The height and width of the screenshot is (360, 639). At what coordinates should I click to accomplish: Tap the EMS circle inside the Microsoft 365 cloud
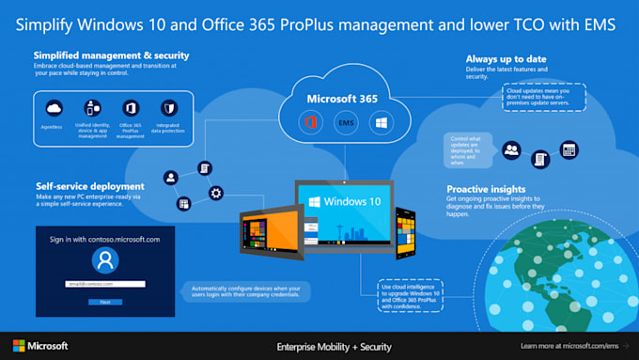(345, 123)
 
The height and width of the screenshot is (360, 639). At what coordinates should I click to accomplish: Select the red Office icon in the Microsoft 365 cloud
(311, 123)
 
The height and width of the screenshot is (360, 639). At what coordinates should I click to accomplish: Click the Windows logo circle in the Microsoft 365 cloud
(380, 123)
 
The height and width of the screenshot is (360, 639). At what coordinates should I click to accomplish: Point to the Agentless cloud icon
(53, 108)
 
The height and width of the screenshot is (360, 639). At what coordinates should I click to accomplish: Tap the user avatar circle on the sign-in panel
(104, 261)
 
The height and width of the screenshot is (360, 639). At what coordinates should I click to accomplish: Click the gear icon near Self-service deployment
(217, 194)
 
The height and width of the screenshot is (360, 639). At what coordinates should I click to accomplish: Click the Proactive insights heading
(487, 188)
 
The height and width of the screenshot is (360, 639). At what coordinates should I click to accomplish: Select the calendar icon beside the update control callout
(568, 149)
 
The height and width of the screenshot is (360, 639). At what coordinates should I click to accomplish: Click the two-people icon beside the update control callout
(512, 149)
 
